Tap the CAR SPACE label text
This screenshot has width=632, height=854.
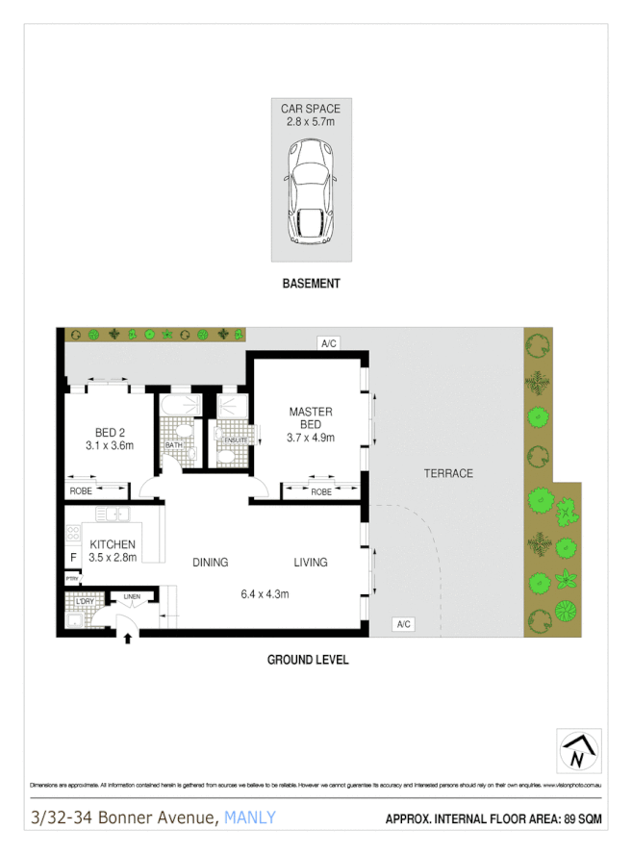[311, 109]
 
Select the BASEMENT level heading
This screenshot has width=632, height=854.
[311, 284]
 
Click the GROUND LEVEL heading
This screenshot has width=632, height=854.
[308, 660]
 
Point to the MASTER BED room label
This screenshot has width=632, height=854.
[311, 418]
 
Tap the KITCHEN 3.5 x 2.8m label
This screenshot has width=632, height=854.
[113, 550]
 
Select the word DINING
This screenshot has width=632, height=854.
[210, 563]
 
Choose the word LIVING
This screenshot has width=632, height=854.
[311, 563]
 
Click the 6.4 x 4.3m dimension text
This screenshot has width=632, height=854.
[265, 593]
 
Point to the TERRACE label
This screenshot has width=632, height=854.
[448, 473]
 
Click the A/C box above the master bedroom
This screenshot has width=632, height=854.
[329, 342]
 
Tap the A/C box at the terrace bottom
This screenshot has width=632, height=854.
[403, 625]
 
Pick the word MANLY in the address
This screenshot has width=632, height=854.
[250, 818]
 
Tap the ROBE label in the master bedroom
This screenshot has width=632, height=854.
[322, 491]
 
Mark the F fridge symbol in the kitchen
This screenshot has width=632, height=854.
[72, 558]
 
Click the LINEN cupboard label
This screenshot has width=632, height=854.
[133, 597]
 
